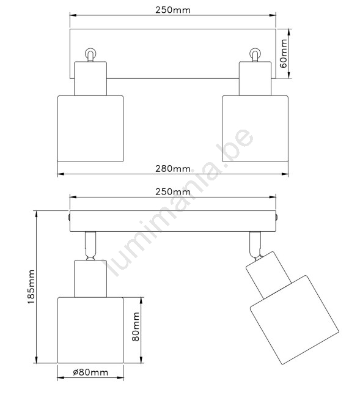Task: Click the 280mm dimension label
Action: pos(173,169)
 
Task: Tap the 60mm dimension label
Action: pos(284,53)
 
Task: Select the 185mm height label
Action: pos(31,287)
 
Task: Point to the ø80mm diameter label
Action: pos(90,372)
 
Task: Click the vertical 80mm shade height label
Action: pos(136,327)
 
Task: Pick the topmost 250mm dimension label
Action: pos(173,10)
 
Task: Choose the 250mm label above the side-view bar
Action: pos(173,192)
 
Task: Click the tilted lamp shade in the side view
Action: pos(295,320)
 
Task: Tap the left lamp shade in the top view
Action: pos(90,128)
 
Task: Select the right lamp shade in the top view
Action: pos(255,128)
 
